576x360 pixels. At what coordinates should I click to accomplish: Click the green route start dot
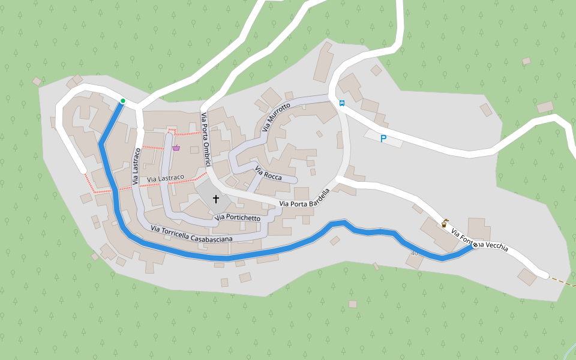(122, 101)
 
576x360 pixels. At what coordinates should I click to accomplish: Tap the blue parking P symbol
(383, 139)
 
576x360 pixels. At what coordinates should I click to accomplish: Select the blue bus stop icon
(341, 103)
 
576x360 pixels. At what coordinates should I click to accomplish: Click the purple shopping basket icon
(176, 148)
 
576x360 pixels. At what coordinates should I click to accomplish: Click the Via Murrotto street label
(276, 117)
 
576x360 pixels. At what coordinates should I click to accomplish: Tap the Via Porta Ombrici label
(207, 136)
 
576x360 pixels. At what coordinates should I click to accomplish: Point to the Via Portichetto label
(238, 217)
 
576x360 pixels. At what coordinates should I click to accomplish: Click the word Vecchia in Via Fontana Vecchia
(497, 246)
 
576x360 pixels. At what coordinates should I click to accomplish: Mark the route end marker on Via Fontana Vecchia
(475, 245)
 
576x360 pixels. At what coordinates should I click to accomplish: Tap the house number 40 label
(414, 253)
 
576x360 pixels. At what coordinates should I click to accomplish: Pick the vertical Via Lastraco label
(136, 166)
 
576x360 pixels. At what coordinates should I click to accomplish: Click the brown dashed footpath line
(562, 282)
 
